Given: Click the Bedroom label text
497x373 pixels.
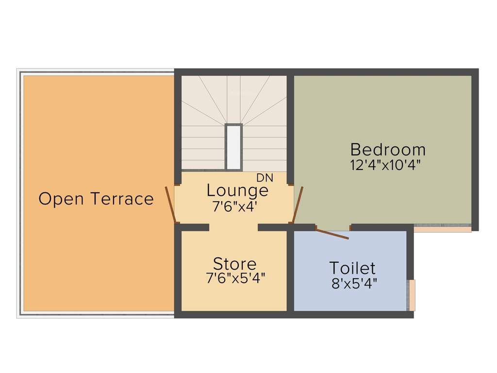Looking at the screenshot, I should tap(388, 149).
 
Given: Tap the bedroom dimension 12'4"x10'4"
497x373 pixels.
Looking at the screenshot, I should tap(385, 165).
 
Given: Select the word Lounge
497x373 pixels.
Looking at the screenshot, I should tap(237, 190).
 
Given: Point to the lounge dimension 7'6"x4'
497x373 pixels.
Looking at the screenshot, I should tap(234, 206).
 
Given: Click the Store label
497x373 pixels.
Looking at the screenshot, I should tap(235, 264).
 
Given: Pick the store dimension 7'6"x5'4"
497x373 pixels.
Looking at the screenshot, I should tap(235, 279).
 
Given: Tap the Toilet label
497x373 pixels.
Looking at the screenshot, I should tap(352, 268).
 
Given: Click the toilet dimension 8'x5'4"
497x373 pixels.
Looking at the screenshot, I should tap(354, 284).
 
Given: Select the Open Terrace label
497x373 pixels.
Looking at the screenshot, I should tap(96, 199).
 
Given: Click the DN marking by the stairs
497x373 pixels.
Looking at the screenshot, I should tap(265, 178).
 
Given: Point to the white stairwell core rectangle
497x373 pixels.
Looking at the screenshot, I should tap(233, 147).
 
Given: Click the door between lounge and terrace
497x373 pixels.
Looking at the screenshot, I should tap(170, 204).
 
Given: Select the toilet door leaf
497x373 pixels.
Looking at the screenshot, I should tap(332, 233).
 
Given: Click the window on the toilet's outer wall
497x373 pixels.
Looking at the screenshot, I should tap(411, 295).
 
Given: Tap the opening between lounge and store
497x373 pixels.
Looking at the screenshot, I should tap(233, 227).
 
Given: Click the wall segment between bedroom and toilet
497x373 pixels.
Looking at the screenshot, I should tap(381, 227).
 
